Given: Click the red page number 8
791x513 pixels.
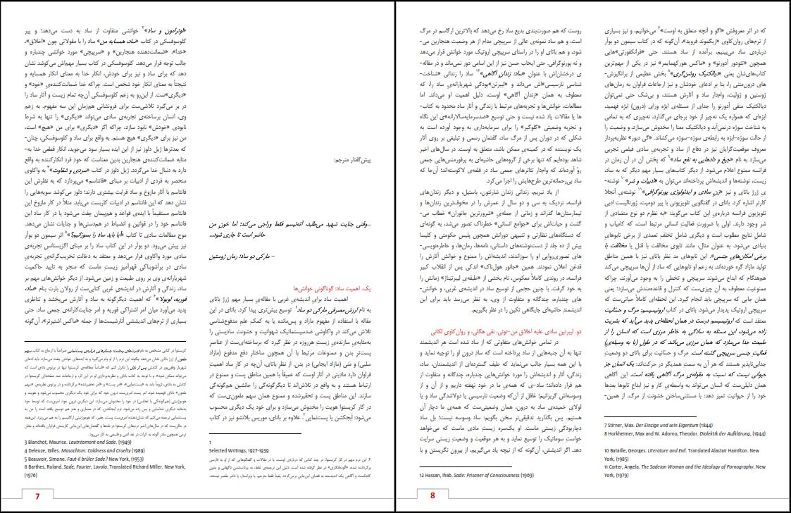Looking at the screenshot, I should tap(434, 495).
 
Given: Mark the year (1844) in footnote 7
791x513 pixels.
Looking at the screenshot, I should tap(722, 425).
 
